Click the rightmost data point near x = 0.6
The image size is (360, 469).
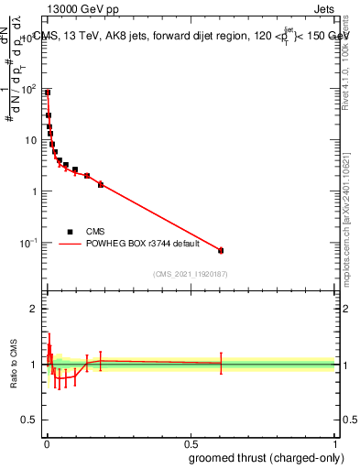click(x=221, y=250)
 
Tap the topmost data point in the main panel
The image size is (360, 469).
click(x=48, y=93)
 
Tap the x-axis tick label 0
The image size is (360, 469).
click(x=46, y=444)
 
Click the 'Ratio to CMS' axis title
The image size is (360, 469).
click(x=14, y=365)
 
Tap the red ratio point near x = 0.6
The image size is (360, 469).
click(x=221, y=363)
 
